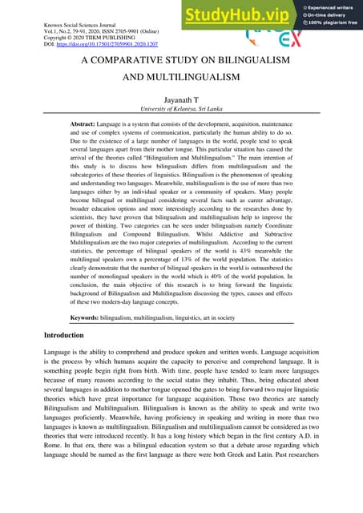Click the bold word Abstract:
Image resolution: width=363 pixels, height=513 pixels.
(87, 127)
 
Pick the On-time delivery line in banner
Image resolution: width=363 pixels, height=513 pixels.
(329, 17)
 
